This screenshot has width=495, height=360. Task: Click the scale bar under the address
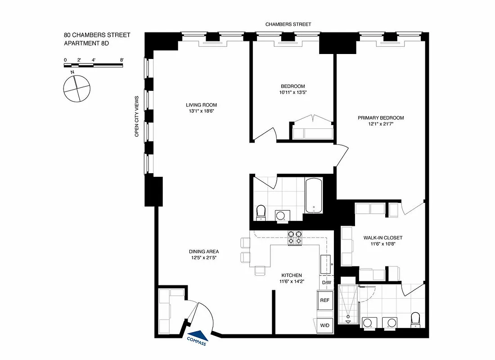click(x=94, y=65)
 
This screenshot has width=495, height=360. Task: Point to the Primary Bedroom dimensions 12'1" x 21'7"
click(x=381, y=124)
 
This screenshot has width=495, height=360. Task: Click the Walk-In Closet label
click(x=383, y=238)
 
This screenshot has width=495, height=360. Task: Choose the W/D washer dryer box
click(x=325, y=325)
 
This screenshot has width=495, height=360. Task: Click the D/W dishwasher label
click(x=326, y=283)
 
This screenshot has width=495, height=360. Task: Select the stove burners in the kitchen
click(x=295, y=238)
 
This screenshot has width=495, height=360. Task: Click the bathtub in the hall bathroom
click(x=314, y=196)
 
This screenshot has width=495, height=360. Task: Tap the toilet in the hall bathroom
click(x=261, y=212)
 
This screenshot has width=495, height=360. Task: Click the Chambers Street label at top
click(x=288, y=24)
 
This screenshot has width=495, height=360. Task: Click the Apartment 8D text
click(x=86, y=43)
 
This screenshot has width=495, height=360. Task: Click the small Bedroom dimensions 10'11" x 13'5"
click(x=293, y=92)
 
